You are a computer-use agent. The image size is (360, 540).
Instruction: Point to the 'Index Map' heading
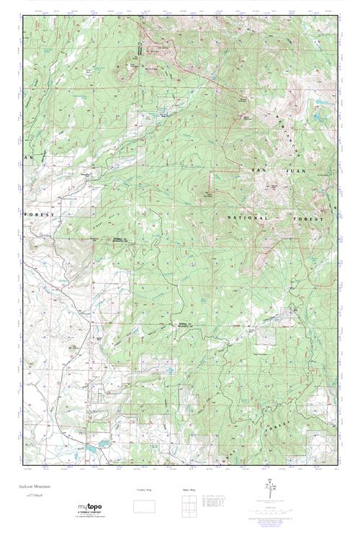tap(186, 490)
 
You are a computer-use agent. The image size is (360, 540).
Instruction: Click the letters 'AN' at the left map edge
tap(30, 157)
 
